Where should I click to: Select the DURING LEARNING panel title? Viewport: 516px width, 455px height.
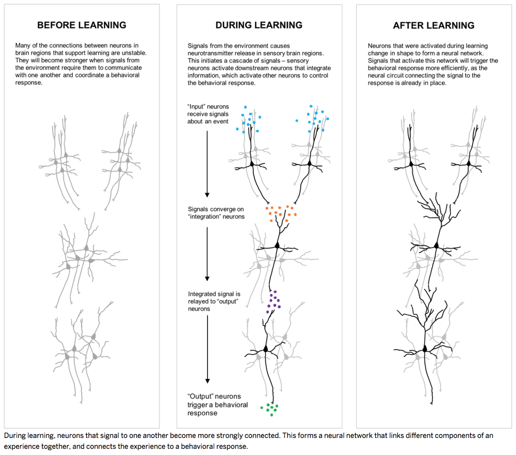tap(259, 25)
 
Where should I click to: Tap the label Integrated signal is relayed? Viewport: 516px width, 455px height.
tap(214, 301)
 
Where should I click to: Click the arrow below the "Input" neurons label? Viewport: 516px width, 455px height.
tap(207, 163)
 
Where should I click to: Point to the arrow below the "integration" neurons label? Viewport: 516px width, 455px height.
tap(207, 253)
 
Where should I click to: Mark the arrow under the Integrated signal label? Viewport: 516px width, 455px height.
tap(207, 351)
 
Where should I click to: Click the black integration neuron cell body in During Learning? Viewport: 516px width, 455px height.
tap(277, 245)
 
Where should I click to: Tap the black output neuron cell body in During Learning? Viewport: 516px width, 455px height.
tap(266, 349)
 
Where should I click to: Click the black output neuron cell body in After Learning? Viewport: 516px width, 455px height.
tap(425, 349)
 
